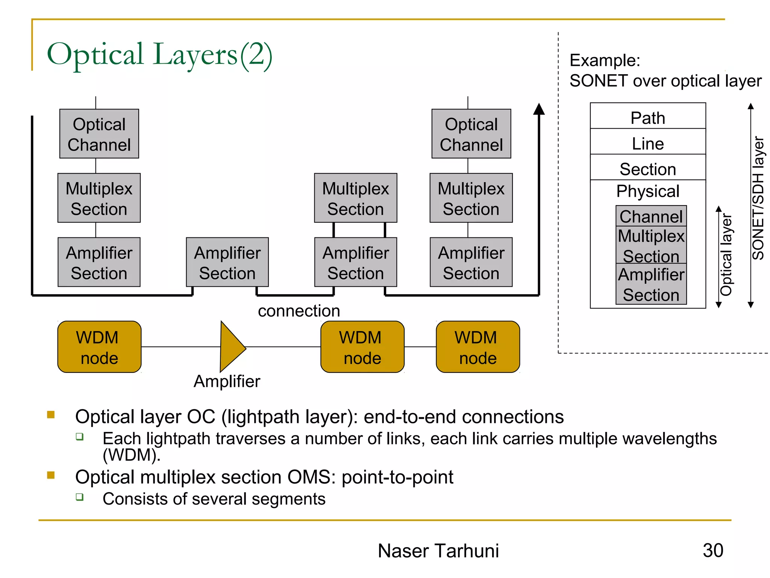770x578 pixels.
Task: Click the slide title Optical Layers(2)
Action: coord(159,55)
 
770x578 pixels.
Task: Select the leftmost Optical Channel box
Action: coord(99,134)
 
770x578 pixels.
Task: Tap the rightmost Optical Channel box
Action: coord(471,134)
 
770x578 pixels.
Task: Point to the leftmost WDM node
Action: coord(99,347)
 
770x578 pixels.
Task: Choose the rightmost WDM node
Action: coord(477,347)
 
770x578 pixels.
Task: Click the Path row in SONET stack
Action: coord(647,117)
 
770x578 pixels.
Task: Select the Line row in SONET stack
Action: coord(647,143)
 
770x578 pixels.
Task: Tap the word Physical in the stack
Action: coord(647,191)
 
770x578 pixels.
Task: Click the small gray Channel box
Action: coord(651,216)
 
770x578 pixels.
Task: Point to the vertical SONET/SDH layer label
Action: coord(758,198)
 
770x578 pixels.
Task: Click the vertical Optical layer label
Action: coord(726,255)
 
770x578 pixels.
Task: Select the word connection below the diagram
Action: coord(299,311)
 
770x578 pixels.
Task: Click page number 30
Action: coord(713,550)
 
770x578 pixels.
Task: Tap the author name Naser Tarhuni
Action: coord(438,551)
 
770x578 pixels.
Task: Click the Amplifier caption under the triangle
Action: coord(227,382)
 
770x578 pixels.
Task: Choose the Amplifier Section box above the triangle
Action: coord(227,262)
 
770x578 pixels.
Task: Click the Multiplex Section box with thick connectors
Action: coord(355,198)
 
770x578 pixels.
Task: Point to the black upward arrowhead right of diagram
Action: coord(539,109)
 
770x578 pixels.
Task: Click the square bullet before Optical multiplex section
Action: coord(51,475)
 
